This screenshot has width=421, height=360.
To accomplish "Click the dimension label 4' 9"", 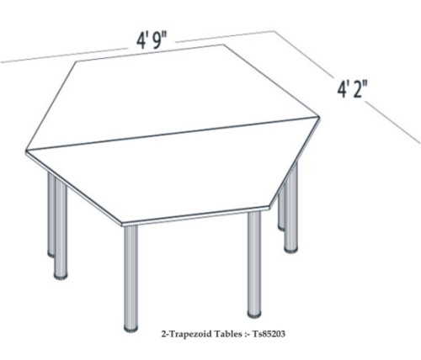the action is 152,41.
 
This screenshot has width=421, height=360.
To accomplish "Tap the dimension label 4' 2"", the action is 353,89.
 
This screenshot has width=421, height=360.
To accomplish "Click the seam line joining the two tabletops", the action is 173,133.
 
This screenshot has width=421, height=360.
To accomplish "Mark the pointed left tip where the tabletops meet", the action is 26,151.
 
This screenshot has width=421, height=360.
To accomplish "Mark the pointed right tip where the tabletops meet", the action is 320,116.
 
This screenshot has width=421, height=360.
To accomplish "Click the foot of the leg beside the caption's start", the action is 131,328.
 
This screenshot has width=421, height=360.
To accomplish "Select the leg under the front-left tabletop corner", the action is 131,278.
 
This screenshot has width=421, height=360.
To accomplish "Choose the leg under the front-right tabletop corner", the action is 254,264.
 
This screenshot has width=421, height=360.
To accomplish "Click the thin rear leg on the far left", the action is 51,214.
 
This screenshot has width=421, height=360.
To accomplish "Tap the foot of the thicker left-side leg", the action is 61,276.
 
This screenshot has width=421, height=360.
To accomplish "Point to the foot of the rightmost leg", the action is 290,249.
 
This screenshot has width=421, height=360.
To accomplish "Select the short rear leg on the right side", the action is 281,208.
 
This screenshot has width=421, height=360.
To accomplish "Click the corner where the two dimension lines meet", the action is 274,30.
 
